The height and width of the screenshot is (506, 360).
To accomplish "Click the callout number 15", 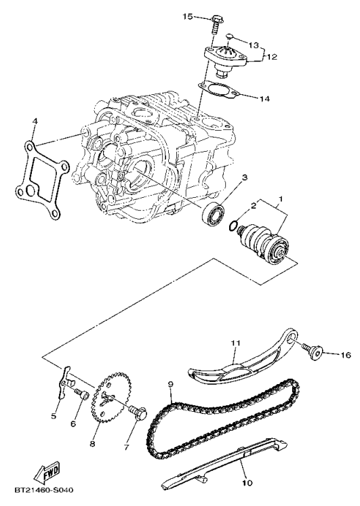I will (188, 16).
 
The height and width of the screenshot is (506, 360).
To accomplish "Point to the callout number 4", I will (34, 122).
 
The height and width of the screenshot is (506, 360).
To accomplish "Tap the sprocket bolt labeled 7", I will (140, 413).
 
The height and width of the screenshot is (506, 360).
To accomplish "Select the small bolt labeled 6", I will (79, 394).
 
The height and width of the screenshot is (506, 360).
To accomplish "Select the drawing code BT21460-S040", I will (42, 489).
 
